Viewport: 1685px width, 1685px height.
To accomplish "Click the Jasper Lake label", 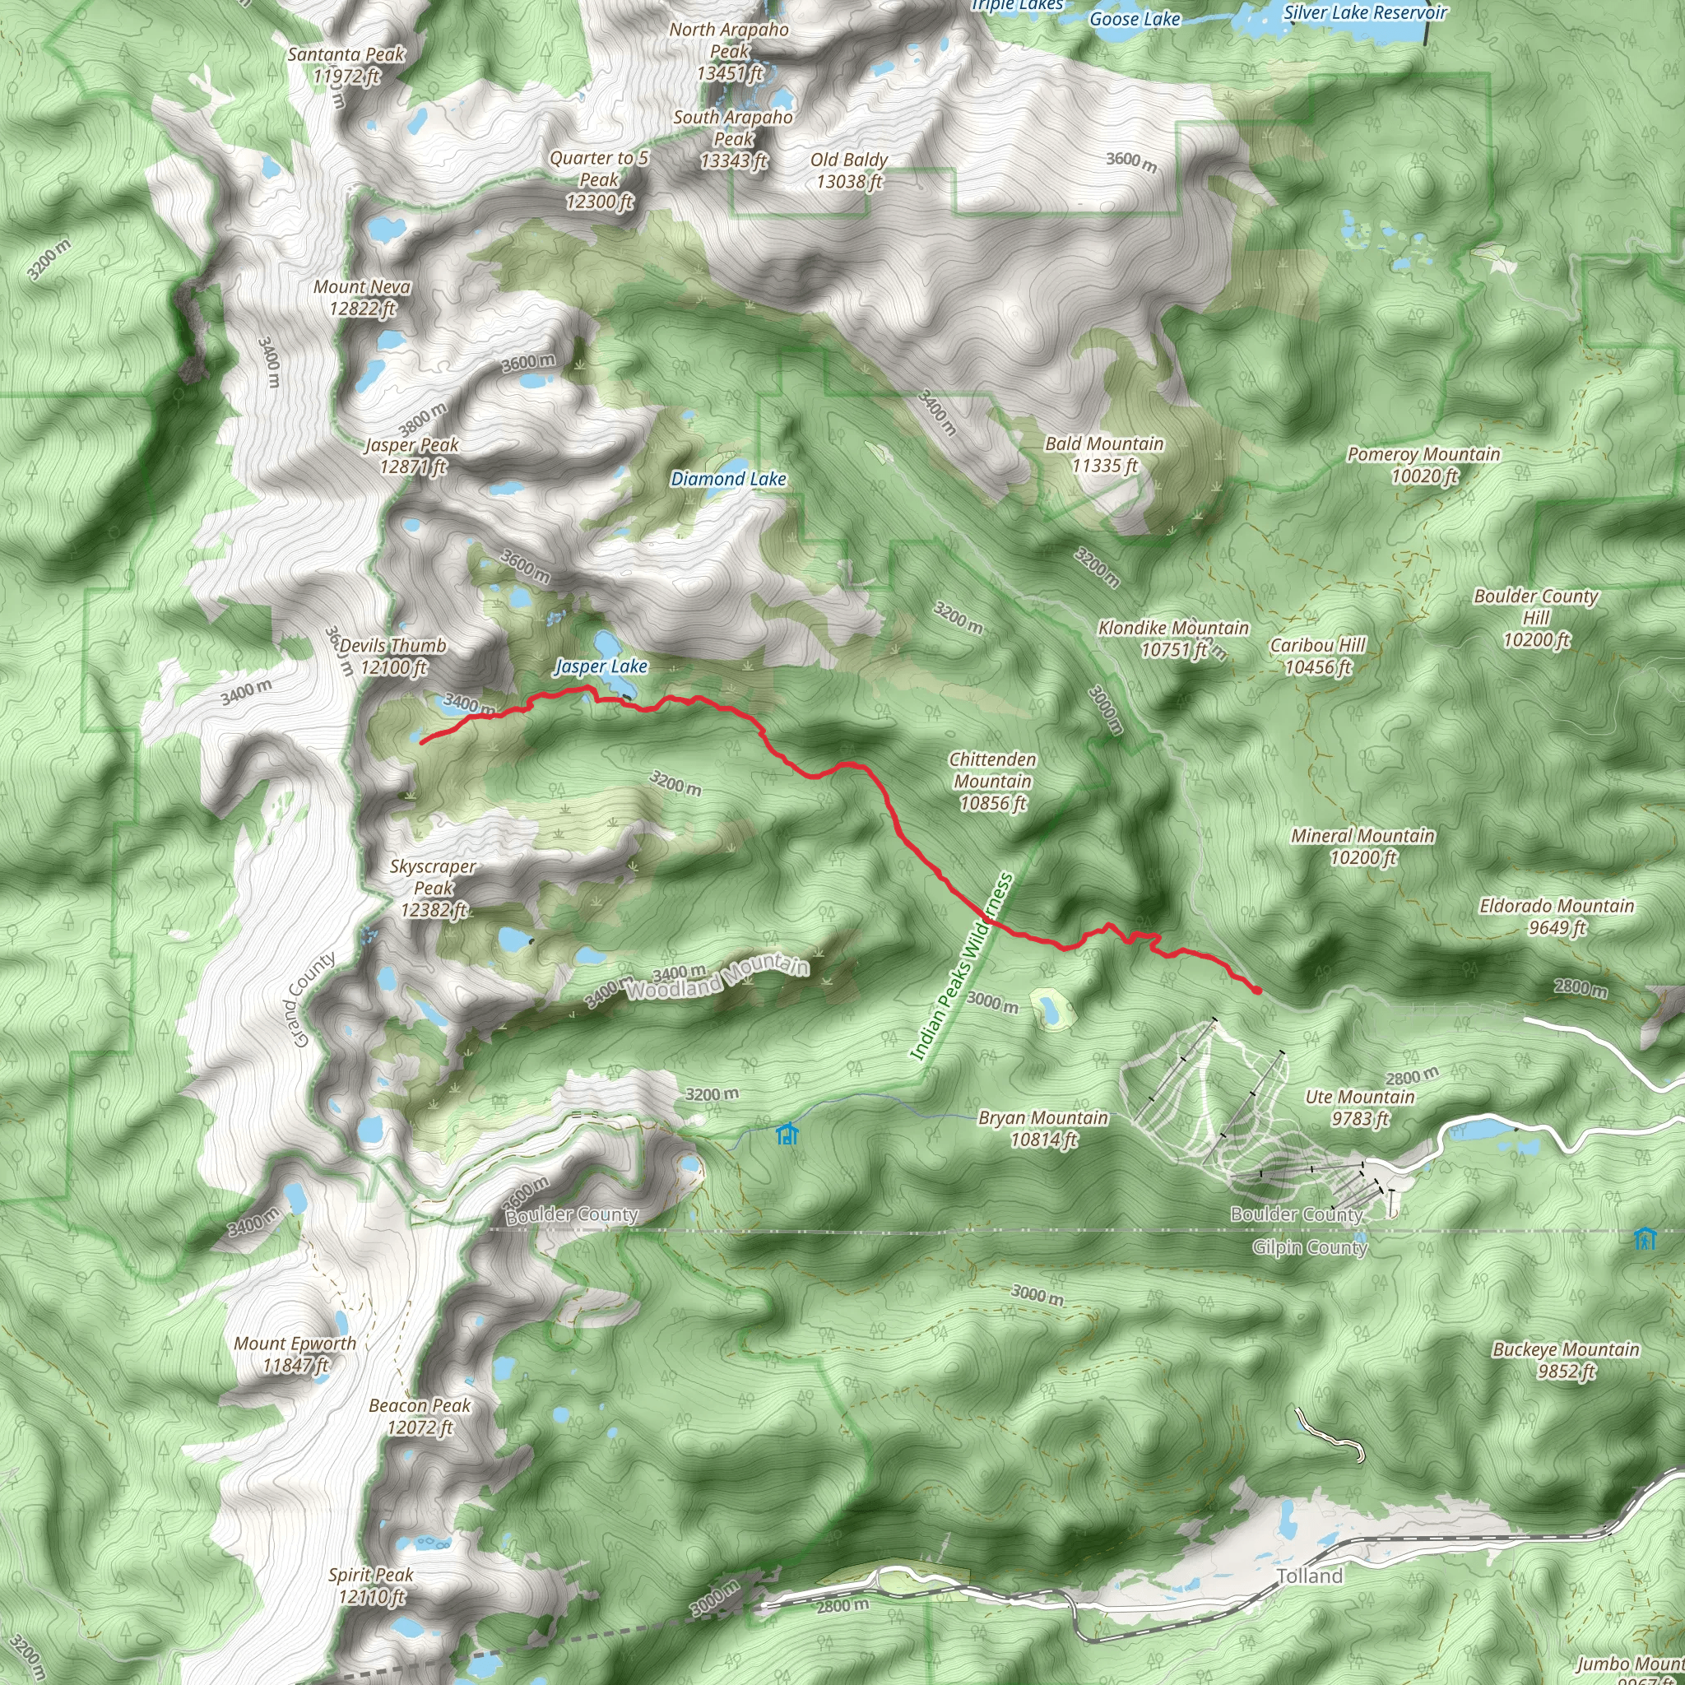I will pos(601,666).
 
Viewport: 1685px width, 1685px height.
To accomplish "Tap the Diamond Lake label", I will pos(728,479).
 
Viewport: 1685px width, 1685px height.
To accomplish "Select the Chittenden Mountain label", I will pos(992,782).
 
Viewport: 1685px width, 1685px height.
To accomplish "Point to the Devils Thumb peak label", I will pos(393,657).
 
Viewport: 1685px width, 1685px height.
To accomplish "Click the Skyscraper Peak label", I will pos(434,888).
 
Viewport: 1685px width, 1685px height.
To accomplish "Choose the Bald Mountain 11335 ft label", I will pos(1104,454).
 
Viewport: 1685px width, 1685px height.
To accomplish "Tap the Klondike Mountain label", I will pos(1173,638).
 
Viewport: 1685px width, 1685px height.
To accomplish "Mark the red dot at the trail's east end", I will pos(1256,990).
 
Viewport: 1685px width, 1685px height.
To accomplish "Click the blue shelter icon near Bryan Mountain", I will pos(787,1134).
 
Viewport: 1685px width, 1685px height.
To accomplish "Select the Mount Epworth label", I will pos(295,1353).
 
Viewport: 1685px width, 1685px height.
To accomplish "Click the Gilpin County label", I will pos(1309,1247).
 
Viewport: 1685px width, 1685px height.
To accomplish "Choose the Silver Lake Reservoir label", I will pos(1365,12).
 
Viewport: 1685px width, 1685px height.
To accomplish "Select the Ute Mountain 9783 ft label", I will pos(1360,1107).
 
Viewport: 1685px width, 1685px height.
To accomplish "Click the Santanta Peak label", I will pos(346,64).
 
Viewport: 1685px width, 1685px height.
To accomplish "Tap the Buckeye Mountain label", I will pos(1566,1360).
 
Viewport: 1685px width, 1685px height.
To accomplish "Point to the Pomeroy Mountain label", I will pos(1423,464).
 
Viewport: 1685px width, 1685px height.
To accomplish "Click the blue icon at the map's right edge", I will pos(1645,1237).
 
